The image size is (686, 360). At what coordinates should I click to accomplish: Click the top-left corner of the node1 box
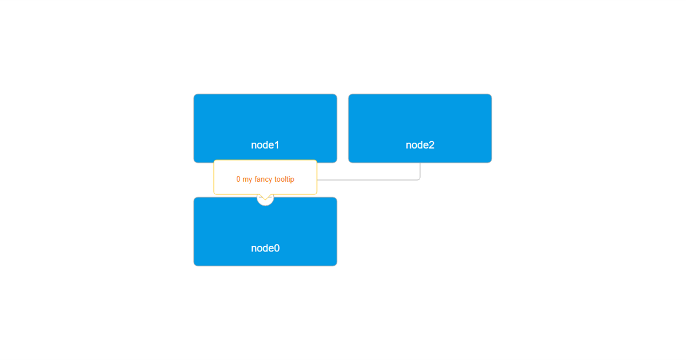click(x=194, y=94)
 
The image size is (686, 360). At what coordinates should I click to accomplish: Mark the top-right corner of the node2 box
click(x=492, y=94)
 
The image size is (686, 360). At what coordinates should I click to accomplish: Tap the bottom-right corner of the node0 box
click(x=337, y=266)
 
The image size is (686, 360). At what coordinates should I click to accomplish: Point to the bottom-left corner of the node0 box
click(x=194, y=266)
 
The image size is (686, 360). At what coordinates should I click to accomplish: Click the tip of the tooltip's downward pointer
click(x=265, y=199)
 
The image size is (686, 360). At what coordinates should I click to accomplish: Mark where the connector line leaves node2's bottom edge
click(x=420, y=162)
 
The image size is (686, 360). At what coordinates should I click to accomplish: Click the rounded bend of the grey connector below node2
click(x=419, y=179)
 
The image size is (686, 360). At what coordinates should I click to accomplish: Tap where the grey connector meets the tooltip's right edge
click(x=317, y=180)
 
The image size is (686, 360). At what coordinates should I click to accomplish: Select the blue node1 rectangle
click(x=265, y=128)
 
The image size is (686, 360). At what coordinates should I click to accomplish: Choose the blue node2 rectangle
click(x=420, y=128)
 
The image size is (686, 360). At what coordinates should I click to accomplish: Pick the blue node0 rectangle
click(x=265, y=231)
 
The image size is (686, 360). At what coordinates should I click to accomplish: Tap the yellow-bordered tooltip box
click(x=265, y=177)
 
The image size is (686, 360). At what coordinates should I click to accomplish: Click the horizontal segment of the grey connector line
click(x=368, y=180)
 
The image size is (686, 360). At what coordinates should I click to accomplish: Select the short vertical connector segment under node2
click(x=420, y=170)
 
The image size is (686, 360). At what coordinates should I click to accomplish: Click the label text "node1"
click(x=265, y=145)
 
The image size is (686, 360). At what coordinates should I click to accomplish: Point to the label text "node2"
click(x=420, y=145)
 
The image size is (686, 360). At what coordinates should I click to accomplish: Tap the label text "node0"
click(x=265, y=248)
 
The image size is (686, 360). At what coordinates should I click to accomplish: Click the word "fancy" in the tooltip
click(x=263, y=179)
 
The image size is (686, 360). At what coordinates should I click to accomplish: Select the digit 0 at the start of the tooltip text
click(x=238, y=179)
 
